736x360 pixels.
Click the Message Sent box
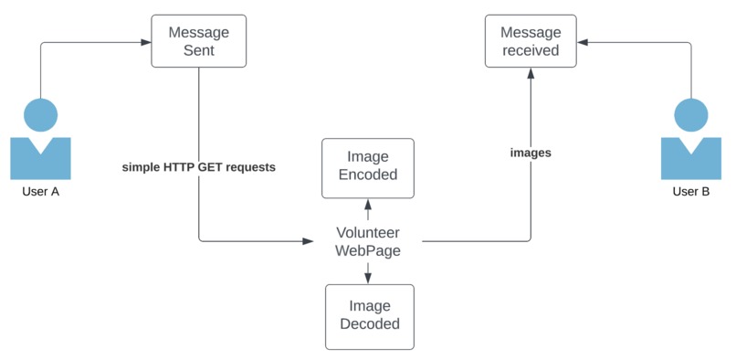[x=198, y=42]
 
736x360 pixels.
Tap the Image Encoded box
[x=367, y=167]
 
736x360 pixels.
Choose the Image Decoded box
[x=369, y=315]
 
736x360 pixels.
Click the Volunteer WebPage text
[x=367, y=241]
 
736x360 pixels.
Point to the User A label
[x=40, y=192]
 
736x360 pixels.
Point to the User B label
[x=691, y=192]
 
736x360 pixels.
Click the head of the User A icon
[x=40, y=115]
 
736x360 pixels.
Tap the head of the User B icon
[x=690, y=115]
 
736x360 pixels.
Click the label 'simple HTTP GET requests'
[x=198, y=168]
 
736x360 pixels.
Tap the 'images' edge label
[x=531, y=153]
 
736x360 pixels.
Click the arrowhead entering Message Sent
[x=145, y=42]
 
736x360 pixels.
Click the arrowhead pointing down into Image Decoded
[x=368, y=278]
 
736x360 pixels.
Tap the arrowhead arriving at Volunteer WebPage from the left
[x=307, y=241]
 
